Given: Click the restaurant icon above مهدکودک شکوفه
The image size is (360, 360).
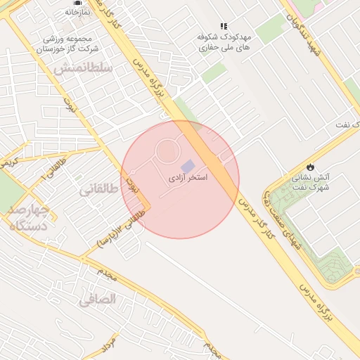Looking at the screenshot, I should (x=224, y=27).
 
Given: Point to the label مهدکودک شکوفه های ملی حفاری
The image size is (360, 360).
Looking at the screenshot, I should (x=223, y=44).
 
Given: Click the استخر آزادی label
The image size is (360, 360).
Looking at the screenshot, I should (x=187, y=178).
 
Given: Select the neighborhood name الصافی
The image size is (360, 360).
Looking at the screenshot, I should (x=97, y=299).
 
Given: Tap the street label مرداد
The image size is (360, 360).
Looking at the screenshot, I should (x=107, y=343).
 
